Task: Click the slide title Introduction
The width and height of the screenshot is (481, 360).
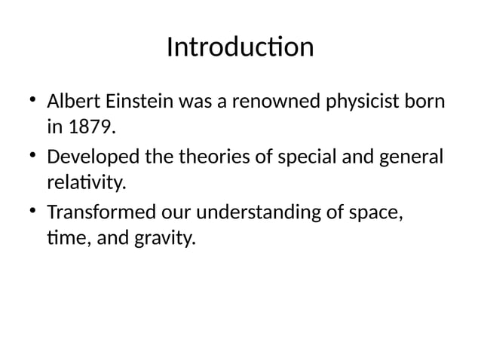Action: click(240, 47)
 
